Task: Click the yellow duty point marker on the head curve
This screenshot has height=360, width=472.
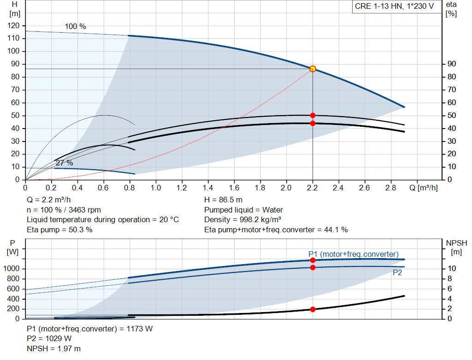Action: [313, 69]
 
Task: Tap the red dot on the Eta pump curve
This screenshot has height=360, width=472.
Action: [313, 116]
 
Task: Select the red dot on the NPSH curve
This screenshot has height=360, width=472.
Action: [313, 309]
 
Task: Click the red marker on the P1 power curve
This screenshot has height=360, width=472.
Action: [313, 260]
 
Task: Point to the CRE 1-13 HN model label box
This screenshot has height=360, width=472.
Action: [395, 6]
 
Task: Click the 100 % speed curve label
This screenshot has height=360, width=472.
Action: [76, 26]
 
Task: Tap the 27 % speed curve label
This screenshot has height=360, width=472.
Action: [65, 163]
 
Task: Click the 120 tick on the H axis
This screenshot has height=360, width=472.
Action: [13, 26]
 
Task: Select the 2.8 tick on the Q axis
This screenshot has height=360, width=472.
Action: [391, 188]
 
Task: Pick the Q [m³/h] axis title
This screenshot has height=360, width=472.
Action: [424, 188]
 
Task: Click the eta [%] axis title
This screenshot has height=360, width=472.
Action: [451, 9]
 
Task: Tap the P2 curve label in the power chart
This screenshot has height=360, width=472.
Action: [397, 273]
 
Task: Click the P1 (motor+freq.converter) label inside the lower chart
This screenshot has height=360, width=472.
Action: [354, 254]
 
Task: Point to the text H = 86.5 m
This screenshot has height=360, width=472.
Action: [224, 200]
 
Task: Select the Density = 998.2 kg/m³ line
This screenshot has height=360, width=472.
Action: [242, 220]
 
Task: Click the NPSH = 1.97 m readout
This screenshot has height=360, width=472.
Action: [54, 349]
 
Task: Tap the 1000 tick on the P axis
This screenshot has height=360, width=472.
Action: [12, 268]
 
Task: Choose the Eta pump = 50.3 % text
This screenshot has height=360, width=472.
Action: [59, 230]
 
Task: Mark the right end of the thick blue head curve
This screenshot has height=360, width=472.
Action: [404, 107]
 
